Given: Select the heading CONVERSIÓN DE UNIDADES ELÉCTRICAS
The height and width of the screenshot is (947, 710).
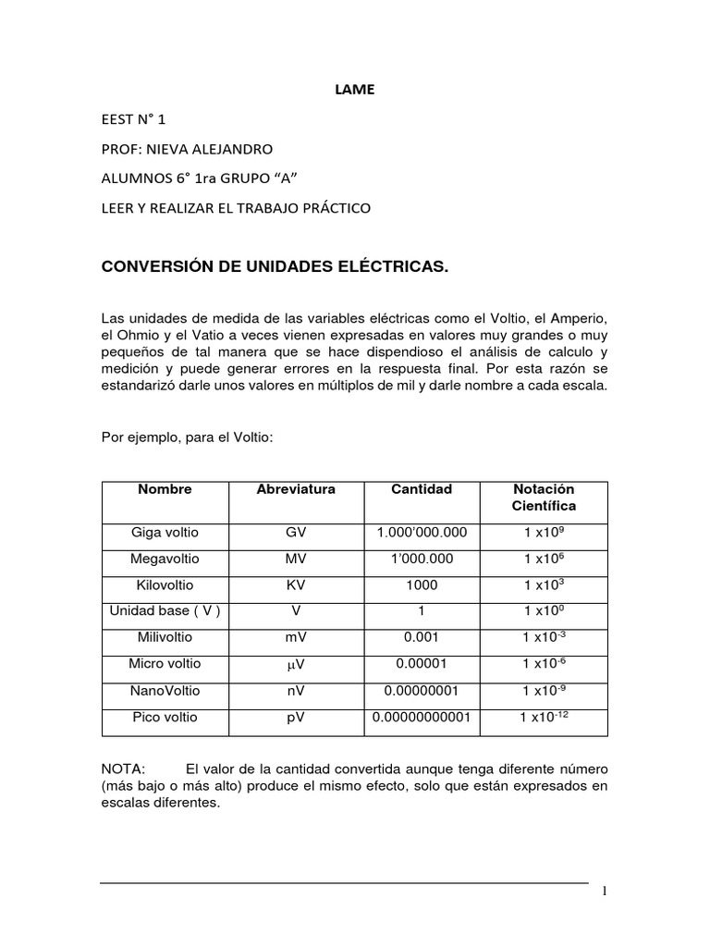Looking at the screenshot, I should (x=274, y=267).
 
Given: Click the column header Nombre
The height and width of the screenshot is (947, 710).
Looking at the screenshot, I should (x=165, y=489).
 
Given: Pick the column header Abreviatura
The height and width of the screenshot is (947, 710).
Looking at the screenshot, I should (x=296, y=489).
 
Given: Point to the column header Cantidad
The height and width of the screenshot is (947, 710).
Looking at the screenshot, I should (x=421, y=489).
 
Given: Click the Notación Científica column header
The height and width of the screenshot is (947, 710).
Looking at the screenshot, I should (x=543, y=498).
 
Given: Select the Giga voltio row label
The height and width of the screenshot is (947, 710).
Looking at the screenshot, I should (x=165, y=534).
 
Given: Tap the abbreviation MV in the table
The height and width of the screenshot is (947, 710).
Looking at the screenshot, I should (x=296, y=560).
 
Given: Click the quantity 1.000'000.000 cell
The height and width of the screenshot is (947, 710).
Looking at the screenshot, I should (x=421, y=534).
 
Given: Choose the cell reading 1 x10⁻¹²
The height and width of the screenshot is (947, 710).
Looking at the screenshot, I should (x=543, y=717).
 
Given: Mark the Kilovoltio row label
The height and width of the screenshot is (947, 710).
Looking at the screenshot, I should (x=165, y=585).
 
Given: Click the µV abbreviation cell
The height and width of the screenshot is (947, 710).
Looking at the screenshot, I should (x=296, y=664).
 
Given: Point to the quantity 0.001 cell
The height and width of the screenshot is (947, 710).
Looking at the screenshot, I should (x=421, y=638).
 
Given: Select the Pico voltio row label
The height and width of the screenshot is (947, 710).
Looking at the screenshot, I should (x=165, y=717).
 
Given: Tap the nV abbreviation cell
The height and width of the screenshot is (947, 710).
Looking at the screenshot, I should (x=296, y=691).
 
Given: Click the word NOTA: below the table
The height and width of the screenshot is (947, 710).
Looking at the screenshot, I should (x=123, y=769).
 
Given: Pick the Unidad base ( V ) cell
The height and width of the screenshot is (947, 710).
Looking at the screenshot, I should (x=165, y=611).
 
